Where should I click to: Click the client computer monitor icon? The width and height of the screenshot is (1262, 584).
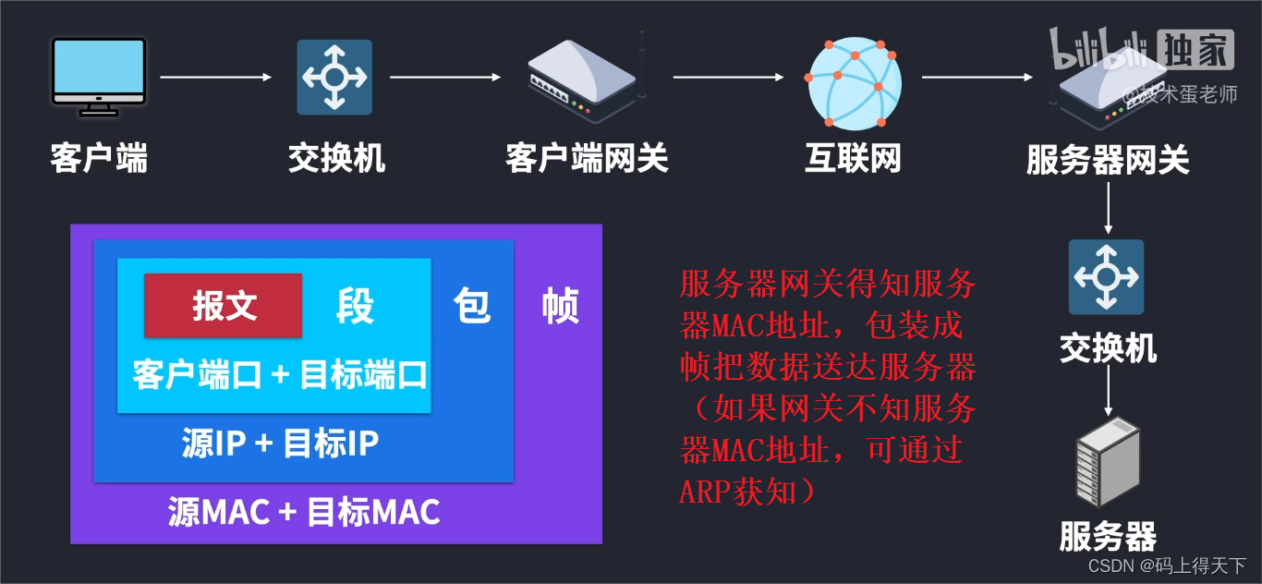click(99, 76)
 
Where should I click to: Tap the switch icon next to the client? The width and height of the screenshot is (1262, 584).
click(334, 77)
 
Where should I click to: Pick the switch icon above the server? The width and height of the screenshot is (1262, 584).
click(1106, 277)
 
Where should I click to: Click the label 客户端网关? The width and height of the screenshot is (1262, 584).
click(587, 159)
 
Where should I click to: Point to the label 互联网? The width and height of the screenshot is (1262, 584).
click(853, 159)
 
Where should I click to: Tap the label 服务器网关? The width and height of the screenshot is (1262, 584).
click(1108, 161)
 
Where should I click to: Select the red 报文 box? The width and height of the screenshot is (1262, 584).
click(224, 306)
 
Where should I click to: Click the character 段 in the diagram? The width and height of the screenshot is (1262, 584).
click(355, 306)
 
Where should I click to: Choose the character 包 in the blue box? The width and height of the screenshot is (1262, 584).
click(472, 305)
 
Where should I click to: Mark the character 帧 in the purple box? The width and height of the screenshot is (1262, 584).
click(560, 306)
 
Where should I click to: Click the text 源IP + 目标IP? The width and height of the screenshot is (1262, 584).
click(280, 444)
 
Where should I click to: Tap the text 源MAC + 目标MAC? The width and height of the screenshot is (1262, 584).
click(304, 511)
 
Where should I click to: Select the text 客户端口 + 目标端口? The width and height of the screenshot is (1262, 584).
click(280, 375)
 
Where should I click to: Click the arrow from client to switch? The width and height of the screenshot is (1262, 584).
click(216, 77)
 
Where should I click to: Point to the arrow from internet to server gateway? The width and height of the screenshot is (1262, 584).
click(977, 77)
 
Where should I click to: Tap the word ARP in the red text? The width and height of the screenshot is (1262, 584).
click(707, 493)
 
